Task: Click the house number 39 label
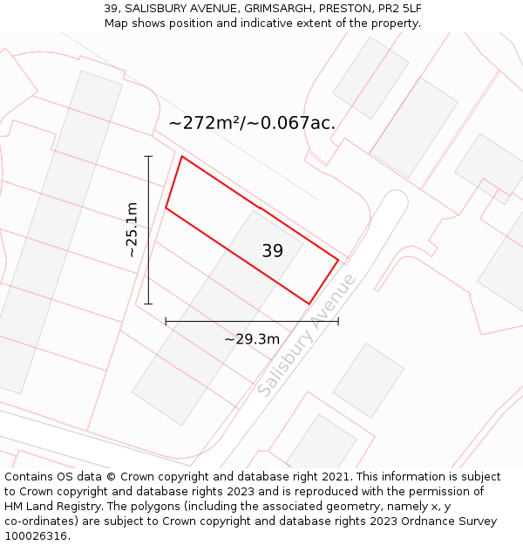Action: (x=272, y=251)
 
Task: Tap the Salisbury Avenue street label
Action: (x=308, y=335)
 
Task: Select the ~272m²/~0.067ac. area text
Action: (x=252, y=123)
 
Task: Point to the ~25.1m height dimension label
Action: (x=132, y=229)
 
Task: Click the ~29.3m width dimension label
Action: (x=252, y=338)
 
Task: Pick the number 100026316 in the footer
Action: (x=35, y=536)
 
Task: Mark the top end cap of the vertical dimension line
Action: (x=148, y=156)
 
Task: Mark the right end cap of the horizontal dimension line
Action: (x=338, y=322)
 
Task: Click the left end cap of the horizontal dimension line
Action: (x=166, y=322)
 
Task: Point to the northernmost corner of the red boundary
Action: (x=181, y=157)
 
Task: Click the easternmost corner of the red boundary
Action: (x=338, y=259)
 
